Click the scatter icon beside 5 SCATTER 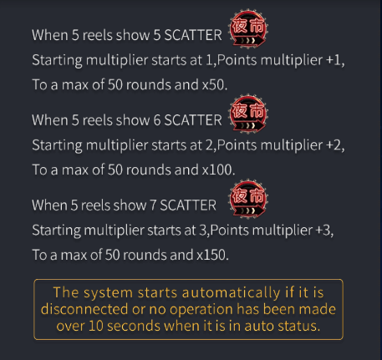pos(247,29)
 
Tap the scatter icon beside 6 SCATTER pos(247,114)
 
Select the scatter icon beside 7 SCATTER pos(247,199)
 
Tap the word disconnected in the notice pos(84,309)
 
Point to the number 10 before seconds pos(96,326)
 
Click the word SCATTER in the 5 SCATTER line pos(193,35)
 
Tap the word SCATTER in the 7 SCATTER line pos(188,205)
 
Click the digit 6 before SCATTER pos(157,120)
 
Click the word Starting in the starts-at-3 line pos(56,231)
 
